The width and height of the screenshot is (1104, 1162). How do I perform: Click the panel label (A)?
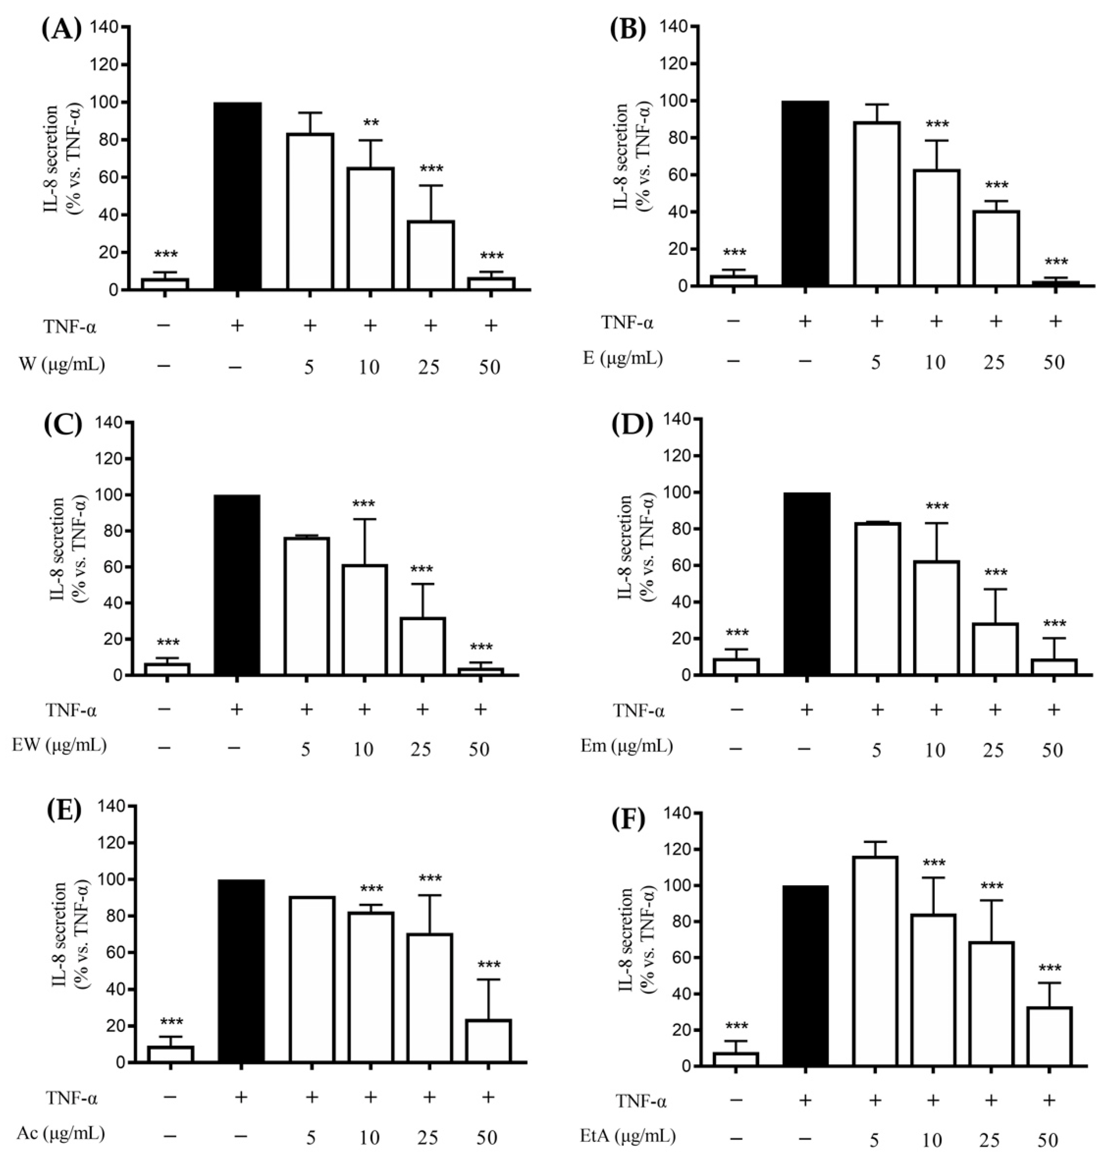(62, 28)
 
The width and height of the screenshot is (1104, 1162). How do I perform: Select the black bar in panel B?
(805, 194)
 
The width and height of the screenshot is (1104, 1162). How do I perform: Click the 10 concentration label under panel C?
(364, 749)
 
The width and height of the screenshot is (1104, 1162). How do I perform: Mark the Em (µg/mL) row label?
(625, 747)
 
